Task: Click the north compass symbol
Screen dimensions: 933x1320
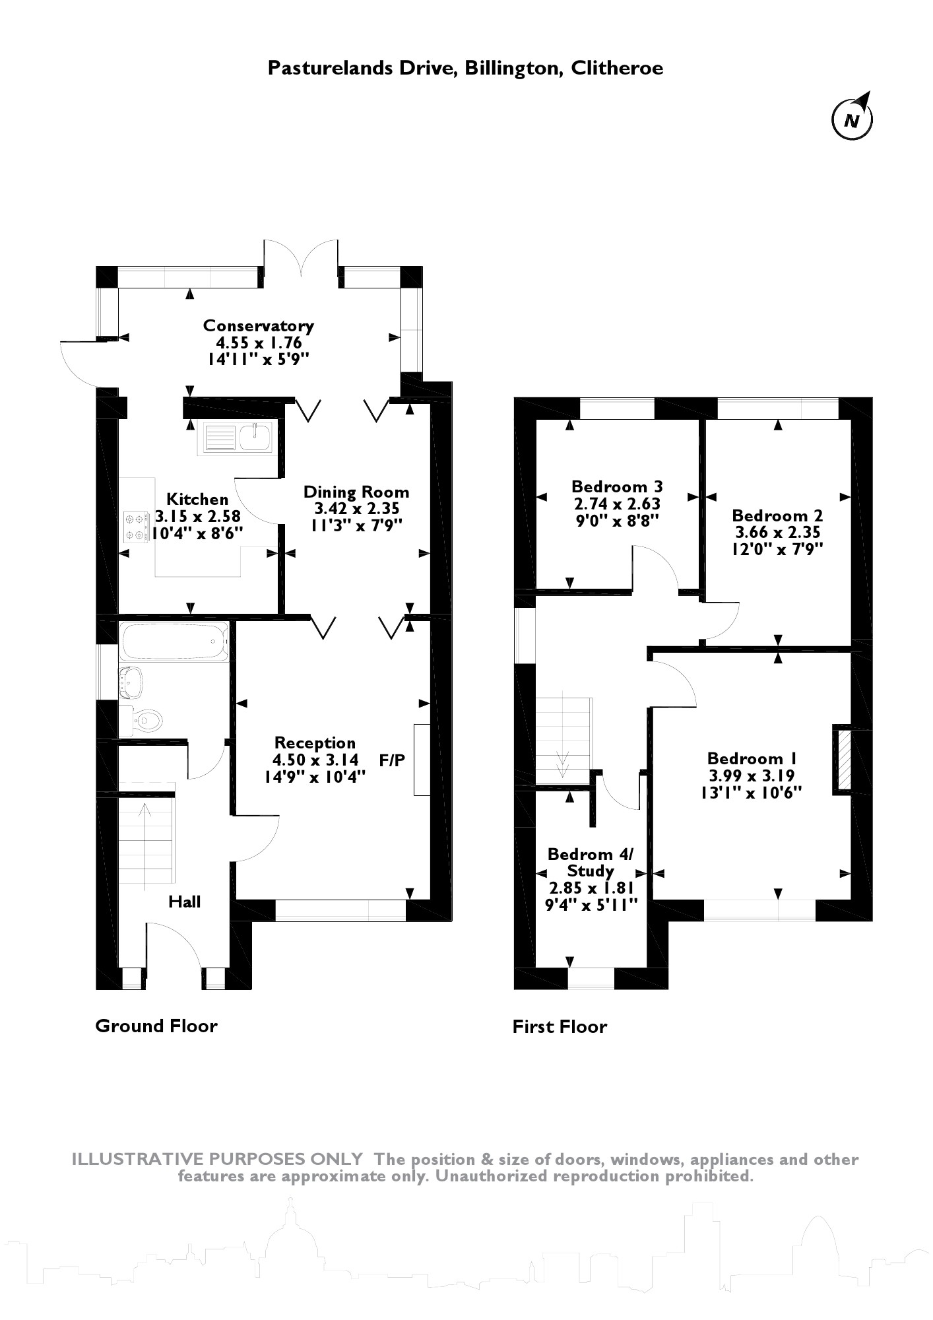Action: pyautogui.click(x=852, y=119)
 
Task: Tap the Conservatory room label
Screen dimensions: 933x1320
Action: pyautogui.click(x=258, y=325)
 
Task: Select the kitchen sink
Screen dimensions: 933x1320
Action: pyautogui.click(x=239, y=438)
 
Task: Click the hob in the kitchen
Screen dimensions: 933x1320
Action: pyautogui.click(x=136, y=527)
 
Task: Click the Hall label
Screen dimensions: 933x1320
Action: pyautogui.click(x=184, y=902)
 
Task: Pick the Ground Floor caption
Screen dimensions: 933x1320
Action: pyautogui.click(x=156, y=1026)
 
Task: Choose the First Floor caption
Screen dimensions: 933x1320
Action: pyautogui.click(x=560, y=1026)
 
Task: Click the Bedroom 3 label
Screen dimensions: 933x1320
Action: pyautogui.click(x=617, y=486)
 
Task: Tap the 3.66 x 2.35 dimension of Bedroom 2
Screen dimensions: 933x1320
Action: pyautogui.click(x=777, y=532)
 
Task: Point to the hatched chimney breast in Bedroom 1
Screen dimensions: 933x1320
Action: pyautogui.click(x=843, y=758)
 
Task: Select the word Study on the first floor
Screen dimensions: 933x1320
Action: pyautogui.click(x=590, y=871)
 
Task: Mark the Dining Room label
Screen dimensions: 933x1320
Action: pyautogui.click(x=356, y=492)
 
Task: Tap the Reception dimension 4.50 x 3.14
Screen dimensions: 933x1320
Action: pyautogui.click(x=315, y=760)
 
